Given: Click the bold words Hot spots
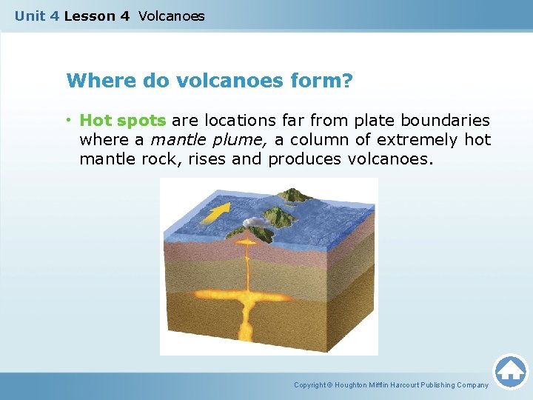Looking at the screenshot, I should [122, 120].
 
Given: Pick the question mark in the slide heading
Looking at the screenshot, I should [346, 80].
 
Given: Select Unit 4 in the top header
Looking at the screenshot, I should [37, 16].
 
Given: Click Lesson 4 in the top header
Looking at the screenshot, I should [96, 16].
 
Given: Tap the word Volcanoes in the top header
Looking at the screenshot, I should [171, 16].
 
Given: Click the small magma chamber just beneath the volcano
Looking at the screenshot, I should [245, 243].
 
